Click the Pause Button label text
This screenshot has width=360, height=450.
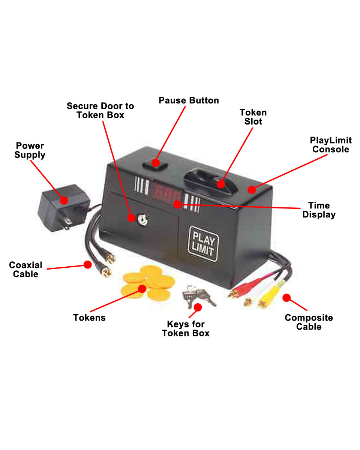coord(189,100)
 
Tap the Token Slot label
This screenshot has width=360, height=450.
coord(253,117)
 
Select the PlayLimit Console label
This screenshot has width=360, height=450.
coord(331,145)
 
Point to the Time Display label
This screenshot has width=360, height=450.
coord(319,210)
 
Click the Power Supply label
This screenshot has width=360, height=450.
coord(30,150)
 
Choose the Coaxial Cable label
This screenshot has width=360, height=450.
coord(25,270)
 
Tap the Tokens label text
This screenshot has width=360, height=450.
coord(89,318)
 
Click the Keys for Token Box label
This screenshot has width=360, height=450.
coord(186,328)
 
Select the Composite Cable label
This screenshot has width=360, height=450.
coord(309,322)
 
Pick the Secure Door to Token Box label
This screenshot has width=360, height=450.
coord(100,110)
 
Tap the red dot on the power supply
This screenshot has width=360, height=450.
coord(64,200)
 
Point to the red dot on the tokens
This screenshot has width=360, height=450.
coord(142,288)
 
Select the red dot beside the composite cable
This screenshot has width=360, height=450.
coord(286,298)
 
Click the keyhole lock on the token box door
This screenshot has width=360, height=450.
coord(142,219)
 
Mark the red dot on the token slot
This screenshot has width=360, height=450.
coord(220,184)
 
